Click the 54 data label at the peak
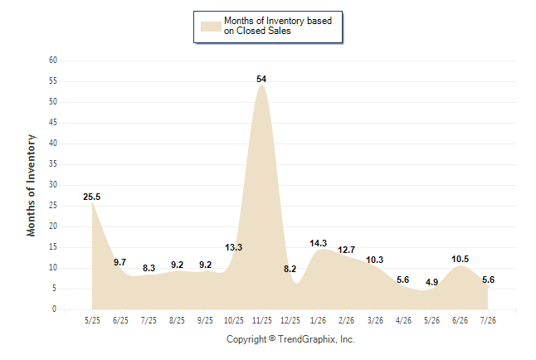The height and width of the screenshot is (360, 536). tap(261, 79)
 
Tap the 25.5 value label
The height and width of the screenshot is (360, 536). tap(91, 197)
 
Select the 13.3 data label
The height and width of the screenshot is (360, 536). tap(233, 247)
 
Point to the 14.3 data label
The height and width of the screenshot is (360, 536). tap(319, 243)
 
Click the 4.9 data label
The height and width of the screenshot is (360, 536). tap(431, 282)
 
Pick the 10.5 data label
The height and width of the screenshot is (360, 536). tap(460, 259)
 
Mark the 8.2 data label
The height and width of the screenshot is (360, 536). tap(290, 269)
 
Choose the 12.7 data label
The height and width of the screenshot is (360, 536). tap(347, 250)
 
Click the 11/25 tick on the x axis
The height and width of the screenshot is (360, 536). tap(262, 320)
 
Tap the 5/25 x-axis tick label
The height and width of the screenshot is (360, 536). tap(92, 320)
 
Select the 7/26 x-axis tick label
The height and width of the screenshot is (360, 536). tap(488, 320)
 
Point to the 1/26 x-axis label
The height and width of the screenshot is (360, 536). tap(319, 320)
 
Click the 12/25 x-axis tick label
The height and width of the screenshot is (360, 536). tap(290, 320)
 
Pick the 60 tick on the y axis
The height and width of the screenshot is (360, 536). tap(53, 61)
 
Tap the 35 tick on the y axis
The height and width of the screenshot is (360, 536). tap(53, 163)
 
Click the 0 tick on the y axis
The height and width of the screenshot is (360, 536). tap(54, 309)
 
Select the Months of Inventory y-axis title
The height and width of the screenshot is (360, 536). tap(31, 185)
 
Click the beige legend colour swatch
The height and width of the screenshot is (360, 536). tap(211, 27)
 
